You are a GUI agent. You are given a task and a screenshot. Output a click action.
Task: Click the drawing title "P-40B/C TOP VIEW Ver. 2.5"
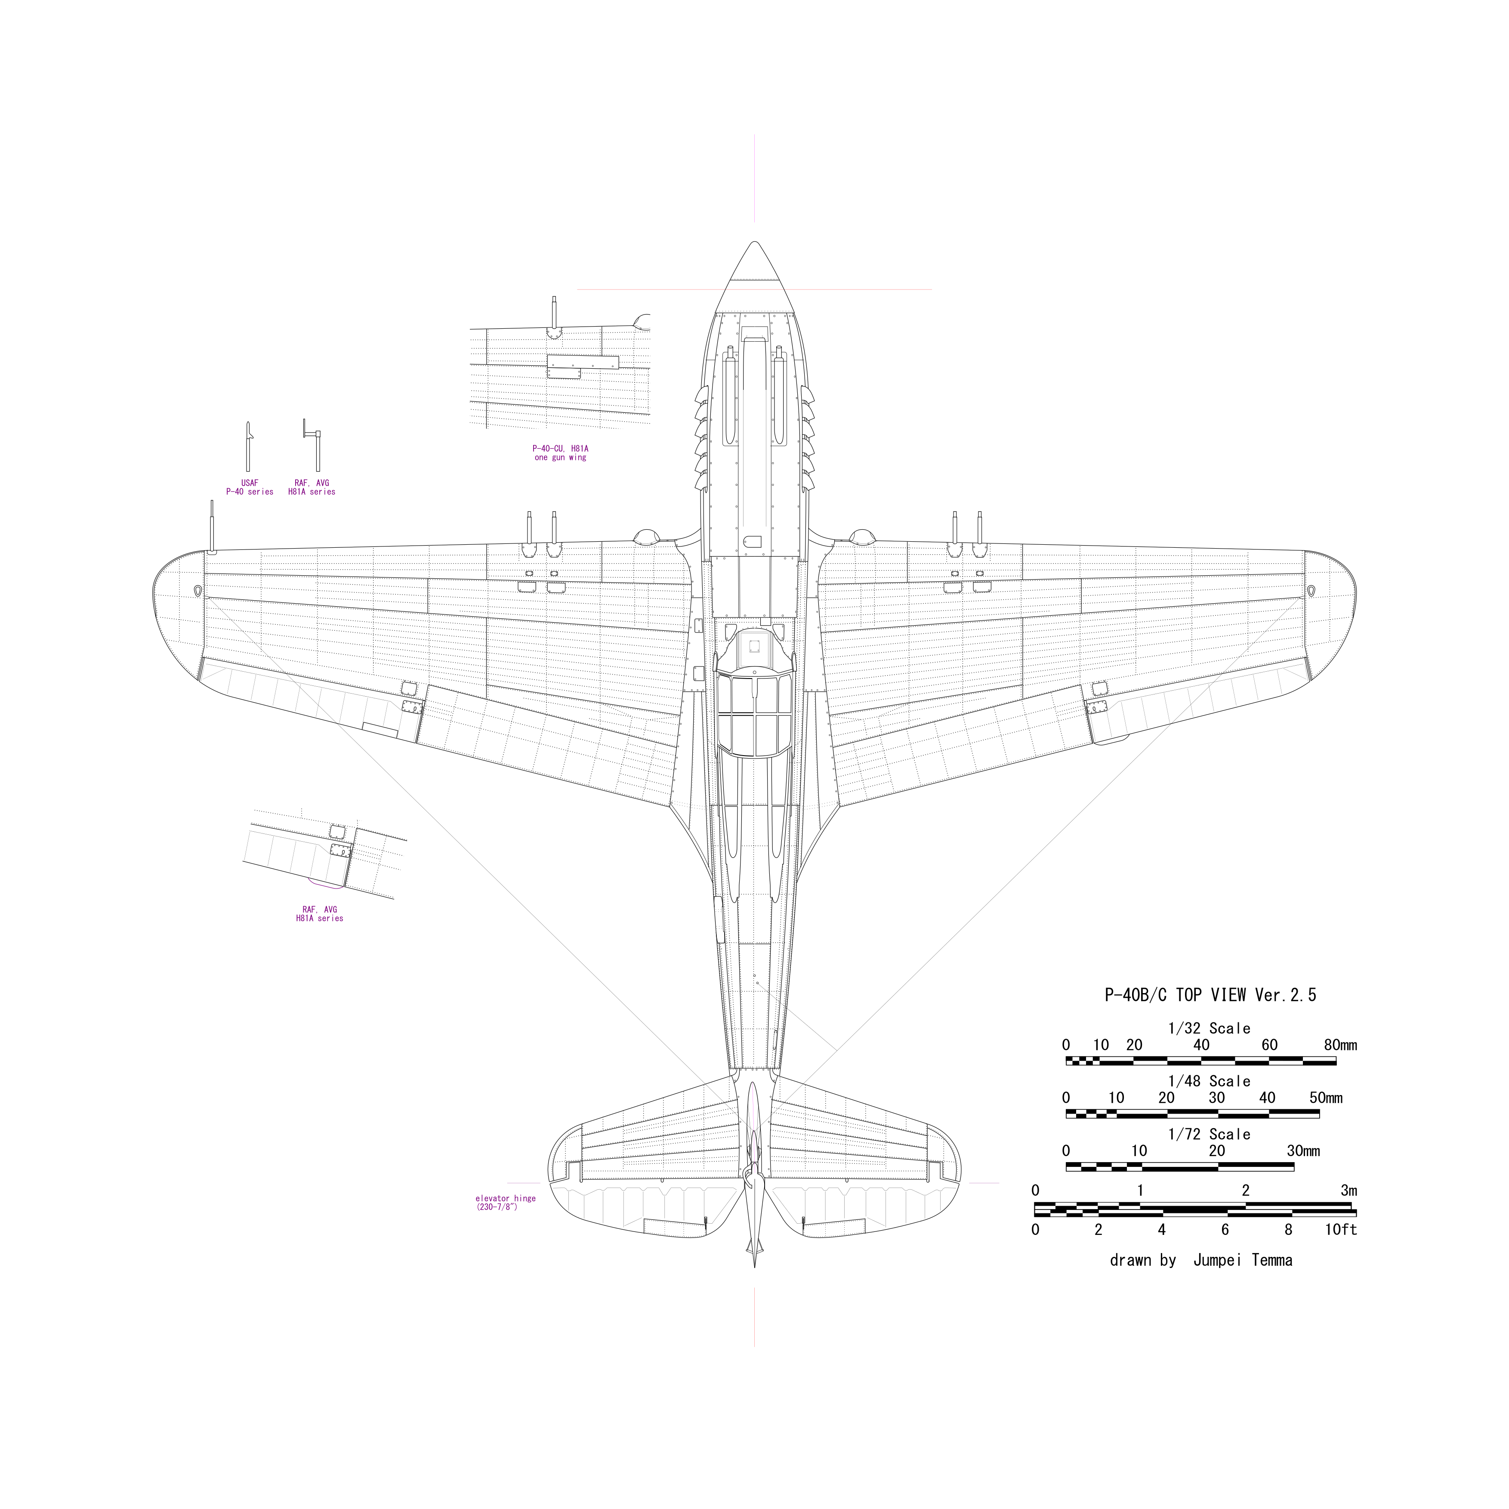(1210, 995)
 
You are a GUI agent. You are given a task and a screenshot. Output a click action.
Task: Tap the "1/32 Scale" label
(1209, 1029)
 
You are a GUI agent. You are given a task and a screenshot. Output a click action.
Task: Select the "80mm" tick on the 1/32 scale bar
(1339, 1045)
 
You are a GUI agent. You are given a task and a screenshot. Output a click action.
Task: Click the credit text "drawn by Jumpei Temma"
(1200, 1261)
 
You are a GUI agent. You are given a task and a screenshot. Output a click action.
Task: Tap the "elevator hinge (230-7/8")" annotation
(505, 1203)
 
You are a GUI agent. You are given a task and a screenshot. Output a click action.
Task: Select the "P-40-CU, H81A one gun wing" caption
(560, 453)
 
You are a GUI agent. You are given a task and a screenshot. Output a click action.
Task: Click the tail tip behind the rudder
(755, 1264)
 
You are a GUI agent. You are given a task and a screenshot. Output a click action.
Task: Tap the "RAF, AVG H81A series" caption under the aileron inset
(319, 914)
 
